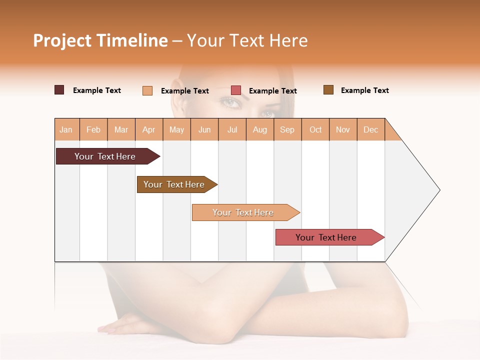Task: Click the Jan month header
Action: [x=66, y=129]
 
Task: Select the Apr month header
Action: [x=149, y=129]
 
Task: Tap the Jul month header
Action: [x=232, y=129]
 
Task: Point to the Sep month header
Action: [x=287, y=129]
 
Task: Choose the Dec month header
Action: [x=370, y=129]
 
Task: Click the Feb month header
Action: [x=93, y=129]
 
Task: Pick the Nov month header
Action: [x=343, y=129]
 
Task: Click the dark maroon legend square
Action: [x=59, y=90]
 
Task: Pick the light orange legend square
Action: [x=147, y=90]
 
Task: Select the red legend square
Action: [x=236, y=90]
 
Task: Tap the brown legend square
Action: [x=328, y=90]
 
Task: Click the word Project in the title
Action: [x=62, y=40]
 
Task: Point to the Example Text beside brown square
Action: [x=364, y=90]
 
